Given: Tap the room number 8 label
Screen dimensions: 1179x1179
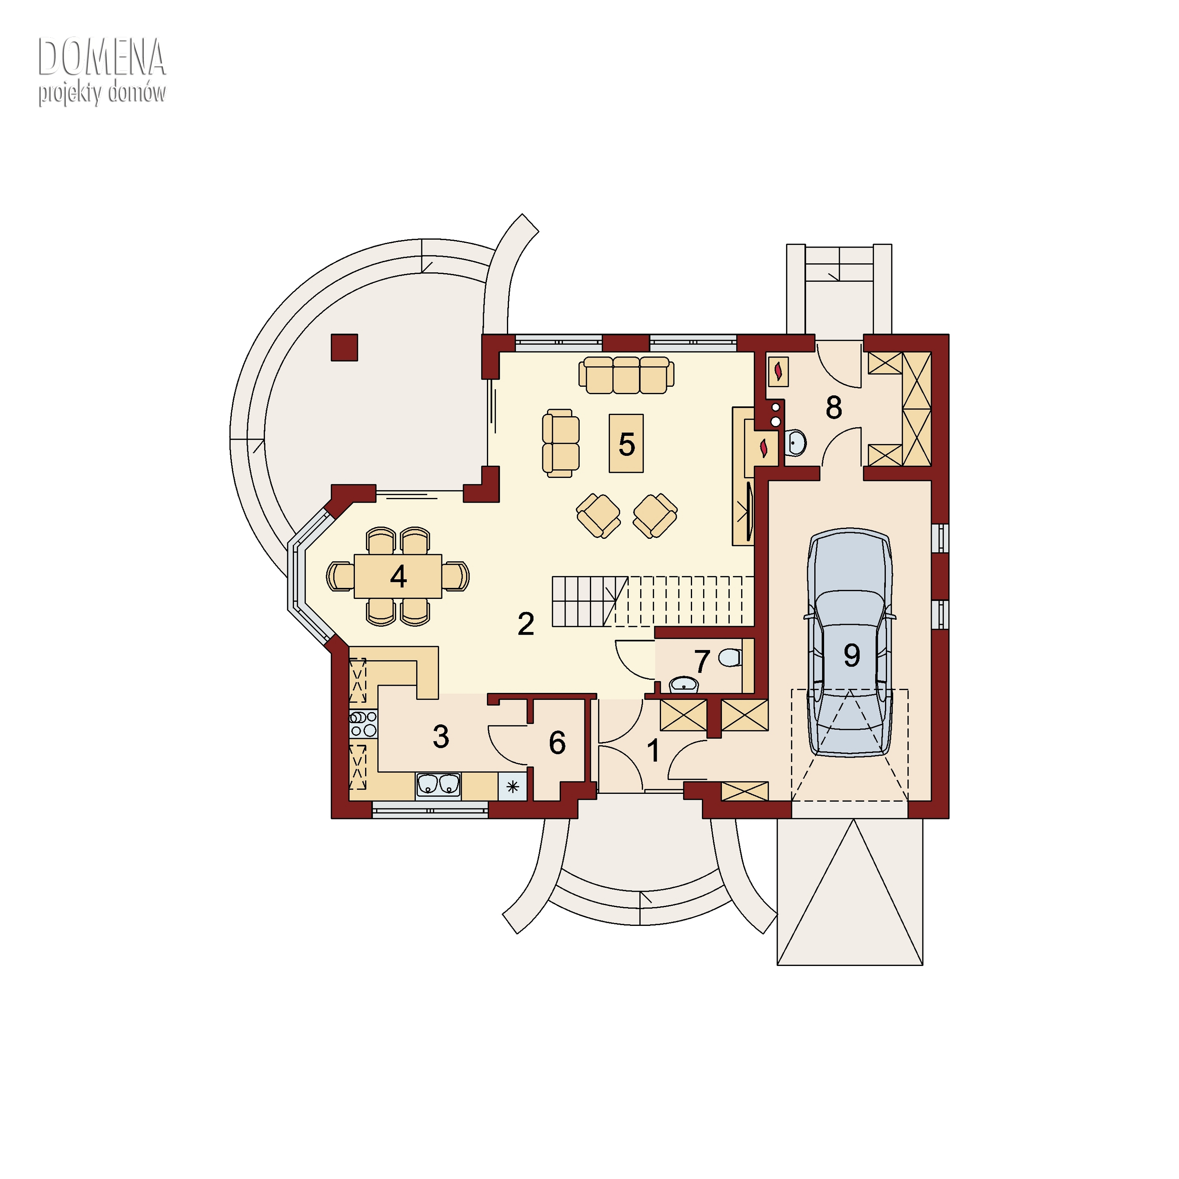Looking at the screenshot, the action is [834, 408].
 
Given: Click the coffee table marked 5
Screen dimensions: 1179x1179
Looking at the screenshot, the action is [626, 443].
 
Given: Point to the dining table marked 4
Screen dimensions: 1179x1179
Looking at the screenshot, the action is [398, 576].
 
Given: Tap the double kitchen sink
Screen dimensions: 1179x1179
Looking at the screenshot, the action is [438, 785].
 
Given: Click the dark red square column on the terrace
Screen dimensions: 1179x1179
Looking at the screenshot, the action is [344, 347].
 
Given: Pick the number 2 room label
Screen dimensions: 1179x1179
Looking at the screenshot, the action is [525, 624].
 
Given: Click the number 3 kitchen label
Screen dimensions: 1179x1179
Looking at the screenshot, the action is [441, 736].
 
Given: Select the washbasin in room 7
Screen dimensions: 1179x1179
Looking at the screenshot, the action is [684, 685].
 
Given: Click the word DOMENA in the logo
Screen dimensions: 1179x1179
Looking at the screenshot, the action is [102, 57].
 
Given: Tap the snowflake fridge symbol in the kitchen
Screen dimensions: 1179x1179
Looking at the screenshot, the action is [512, 787].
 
